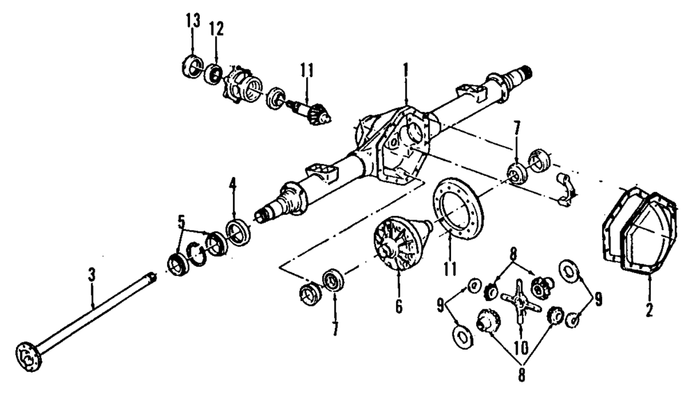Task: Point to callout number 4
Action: pyautogui.click(x=233, y=185)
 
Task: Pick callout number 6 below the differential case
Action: pyautogui.click(x=399, y=305)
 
